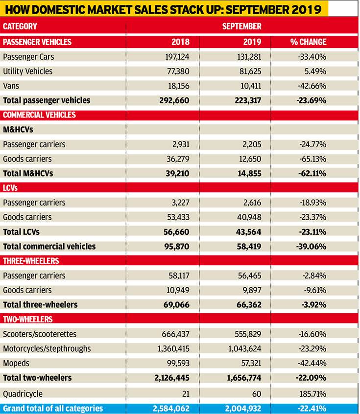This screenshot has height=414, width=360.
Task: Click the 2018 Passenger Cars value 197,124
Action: pyautogui.click(x=177, y=57)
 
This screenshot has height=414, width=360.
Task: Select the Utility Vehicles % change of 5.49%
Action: pyautogui.click(x=315, y=71)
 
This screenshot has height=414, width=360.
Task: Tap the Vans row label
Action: pyautogui.click(x=11, y=86)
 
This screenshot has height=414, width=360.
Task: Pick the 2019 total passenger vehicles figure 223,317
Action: pyautogui.click(x=248, y=100)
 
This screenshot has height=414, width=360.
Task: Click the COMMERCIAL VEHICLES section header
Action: pyautogui.click(x=39, y=115)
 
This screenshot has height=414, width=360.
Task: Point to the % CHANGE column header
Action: pyautogui.click(x=308, y=42)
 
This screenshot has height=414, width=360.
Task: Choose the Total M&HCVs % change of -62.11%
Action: pyautogui.click(x=312, y=173)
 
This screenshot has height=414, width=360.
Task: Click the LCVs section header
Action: pyautogui.click(x=10, y=188)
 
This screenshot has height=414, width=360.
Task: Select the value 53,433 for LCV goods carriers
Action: pyautogui.click(x=178, y=217)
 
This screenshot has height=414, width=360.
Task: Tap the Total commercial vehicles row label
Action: pyautogui.click(x=49, y=246)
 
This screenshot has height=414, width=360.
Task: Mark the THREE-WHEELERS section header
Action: pyautogui.click(x=31, y=261)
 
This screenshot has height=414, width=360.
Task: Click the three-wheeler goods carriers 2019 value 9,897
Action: pyautogui.click(x=252, y=290)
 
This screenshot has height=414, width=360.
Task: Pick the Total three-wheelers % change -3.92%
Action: pyautogui.click(x=314, y=305)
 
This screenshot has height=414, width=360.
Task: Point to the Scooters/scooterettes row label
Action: pyautogui.click(x=40, y=334)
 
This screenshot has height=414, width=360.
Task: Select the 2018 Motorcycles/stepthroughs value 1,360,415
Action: pyautogui.click(x=173, y=348)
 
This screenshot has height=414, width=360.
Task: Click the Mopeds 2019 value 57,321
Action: pyautogui.click(x=251, y=363)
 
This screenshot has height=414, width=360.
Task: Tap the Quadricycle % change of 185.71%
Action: pyautogui.click(x=312, y=393)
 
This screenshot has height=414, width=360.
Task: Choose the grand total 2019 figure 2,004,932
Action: pyautogui.click(x=243, y=409)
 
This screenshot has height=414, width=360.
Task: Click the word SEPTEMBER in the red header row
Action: pyautogui.click(x=241, y=26)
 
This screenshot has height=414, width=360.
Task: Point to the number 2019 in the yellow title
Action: pyautogui.click(x=306, y=9)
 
